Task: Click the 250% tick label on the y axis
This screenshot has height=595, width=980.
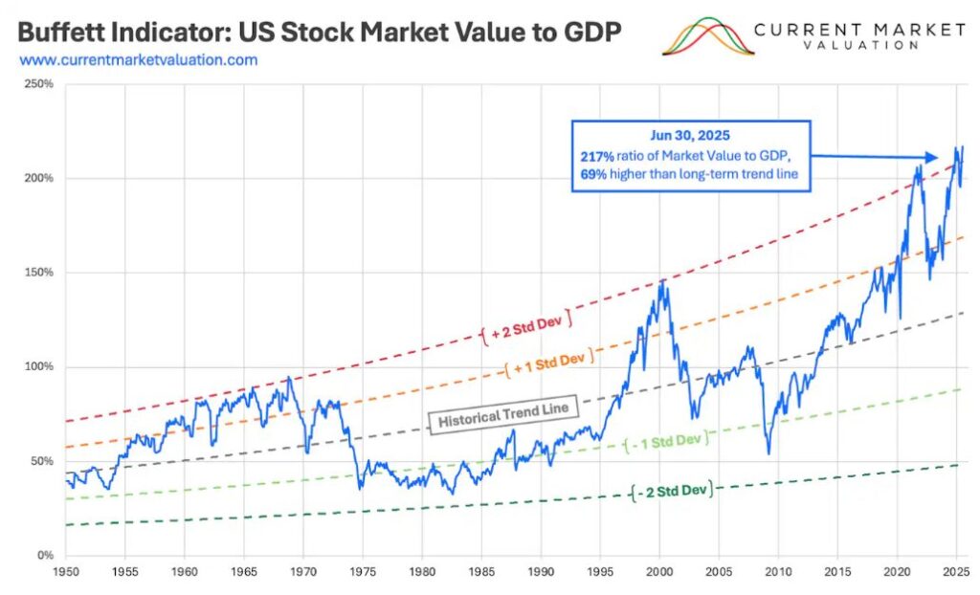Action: tap(39, 84)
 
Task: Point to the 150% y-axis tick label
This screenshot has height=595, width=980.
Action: tap(39, 273)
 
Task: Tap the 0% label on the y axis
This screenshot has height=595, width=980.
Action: tap(46, 556)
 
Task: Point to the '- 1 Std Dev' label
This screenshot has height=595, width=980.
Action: tap(668, 442)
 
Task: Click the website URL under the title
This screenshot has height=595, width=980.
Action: tap(138, 59)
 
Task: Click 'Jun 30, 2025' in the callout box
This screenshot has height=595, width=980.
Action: tap(690, 138)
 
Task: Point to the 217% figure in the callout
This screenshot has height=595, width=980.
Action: tap(596, 155)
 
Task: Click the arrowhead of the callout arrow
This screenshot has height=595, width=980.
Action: tap(933, 158)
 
